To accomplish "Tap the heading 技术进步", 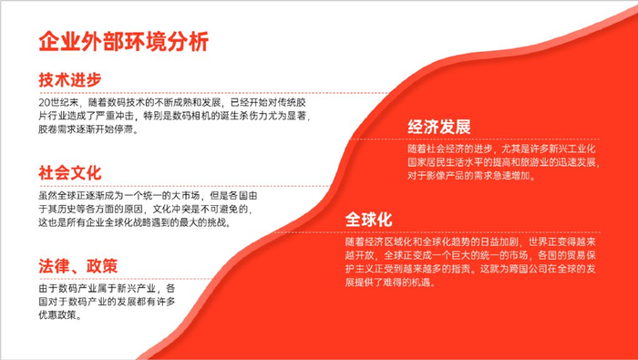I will coord(69,79).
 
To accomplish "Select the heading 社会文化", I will coord(69,172).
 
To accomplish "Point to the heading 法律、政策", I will coord(78,266).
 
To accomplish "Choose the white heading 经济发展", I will coord(439,127).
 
